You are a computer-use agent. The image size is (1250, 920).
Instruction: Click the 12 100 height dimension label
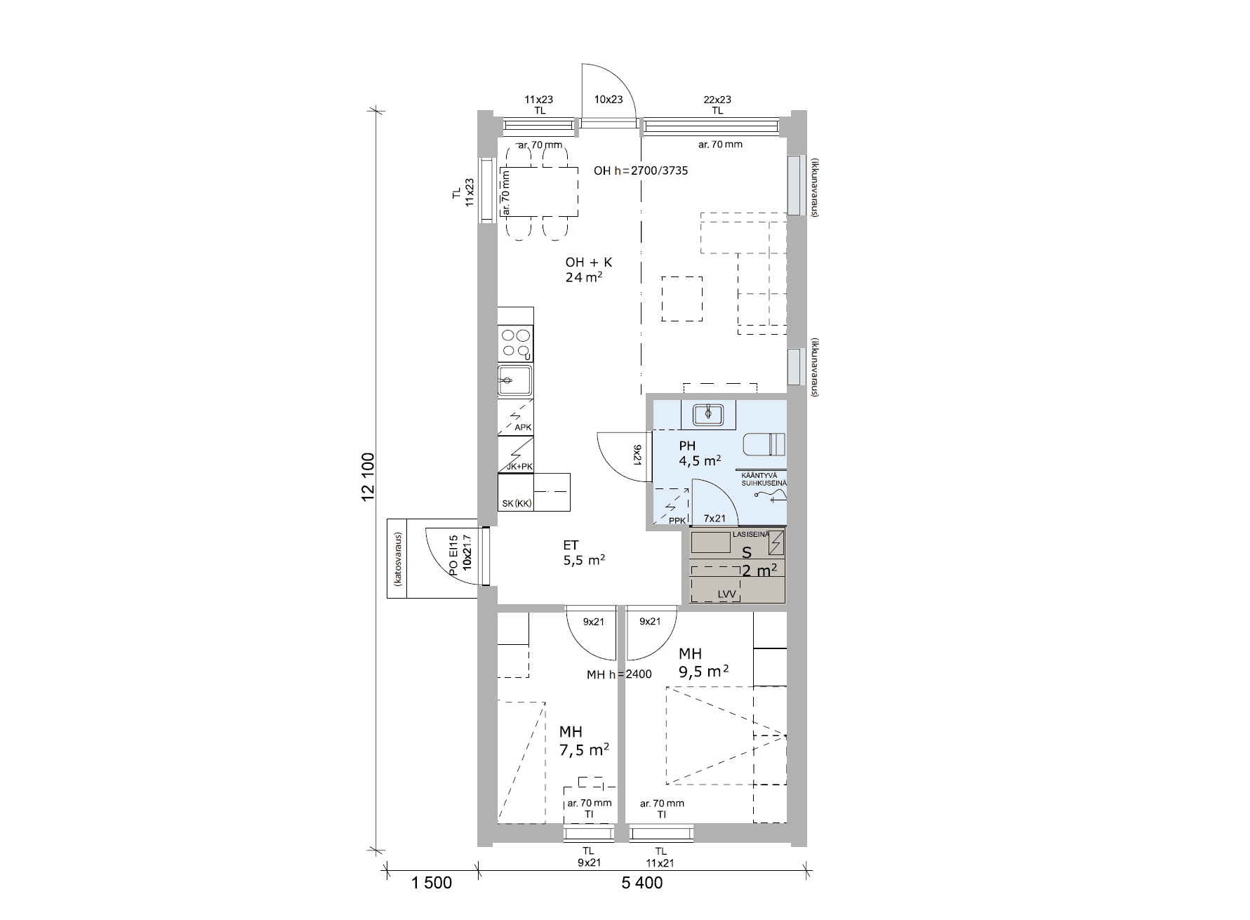click(x=367, y=476)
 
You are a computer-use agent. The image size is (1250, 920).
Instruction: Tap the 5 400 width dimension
click(x=641, y=883)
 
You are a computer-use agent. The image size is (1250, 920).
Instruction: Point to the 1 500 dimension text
click(x=432, y=883)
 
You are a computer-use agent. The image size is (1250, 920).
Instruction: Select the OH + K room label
click(x=589, y=262)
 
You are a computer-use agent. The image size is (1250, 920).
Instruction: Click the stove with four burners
click(x=515, y=344)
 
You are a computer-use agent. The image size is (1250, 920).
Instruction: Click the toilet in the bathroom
click(x=764, y=444)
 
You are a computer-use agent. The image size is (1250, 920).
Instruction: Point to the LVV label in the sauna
click(x=727, y=594)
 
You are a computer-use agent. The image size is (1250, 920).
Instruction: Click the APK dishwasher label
click(x=523, y=427)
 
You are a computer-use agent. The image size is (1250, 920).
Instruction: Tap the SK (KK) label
click(x=517, y=504)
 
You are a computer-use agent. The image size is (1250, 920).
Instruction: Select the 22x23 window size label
click(x=717, y=100)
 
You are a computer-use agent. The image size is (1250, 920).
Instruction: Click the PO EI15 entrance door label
click(x=453, y=556)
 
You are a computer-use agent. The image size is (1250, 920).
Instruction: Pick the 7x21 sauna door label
click(x=714, y=519)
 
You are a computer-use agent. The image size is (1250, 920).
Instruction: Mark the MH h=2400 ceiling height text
click(x=619, y=674)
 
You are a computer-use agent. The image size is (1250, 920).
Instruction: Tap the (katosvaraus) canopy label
click(x=398, y=559)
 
